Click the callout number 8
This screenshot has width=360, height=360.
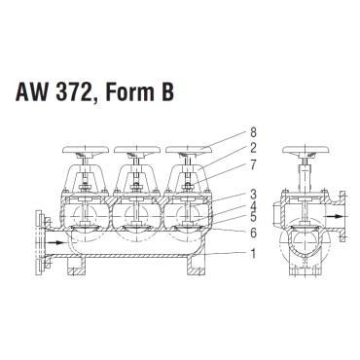pos(253,132)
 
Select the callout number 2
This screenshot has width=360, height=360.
pos(253,148)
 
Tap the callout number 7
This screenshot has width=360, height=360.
pos(253,165)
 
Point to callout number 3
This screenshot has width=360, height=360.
pos(253,195)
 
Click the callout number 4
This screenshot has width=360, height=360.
pos(253,206)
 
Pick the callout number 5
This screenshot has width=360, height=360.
pos(253,217)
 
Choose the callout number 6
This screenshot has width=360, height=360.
pos(253,233)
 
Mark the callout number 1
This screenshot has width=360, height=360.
pos(253,254)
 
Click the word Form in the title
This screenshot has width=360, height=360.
pos(129,91)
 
